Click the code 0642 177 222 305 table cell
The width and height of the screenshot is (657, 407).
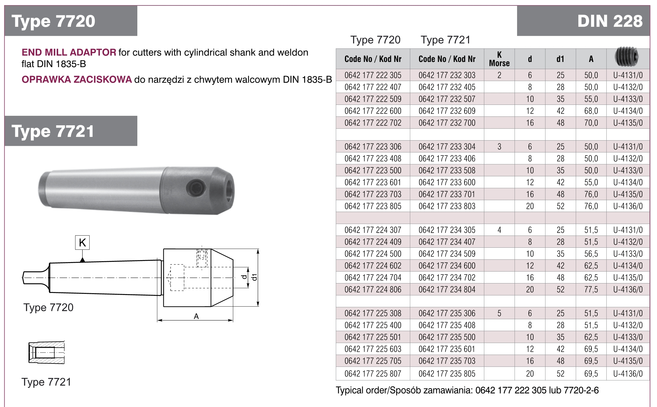point(373,75)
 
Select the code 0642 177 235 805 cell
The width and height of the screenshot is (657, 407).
point(447,374)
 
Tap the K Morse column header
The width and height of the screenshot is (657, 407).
point(499,59)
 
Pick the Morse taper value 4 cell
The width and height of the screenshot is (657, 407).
point(499,230)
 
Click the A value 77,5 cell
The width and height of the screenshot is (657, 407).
point(591,289)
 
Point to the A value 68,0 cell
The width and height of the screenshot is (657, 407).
point(591,111)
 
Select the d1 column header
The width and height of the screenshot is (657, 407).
point(560,59)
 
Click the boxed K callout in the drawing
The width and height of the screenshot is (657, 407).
point(82,242)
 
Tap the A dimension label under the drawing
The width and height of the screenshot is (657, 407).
point(196,316)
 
